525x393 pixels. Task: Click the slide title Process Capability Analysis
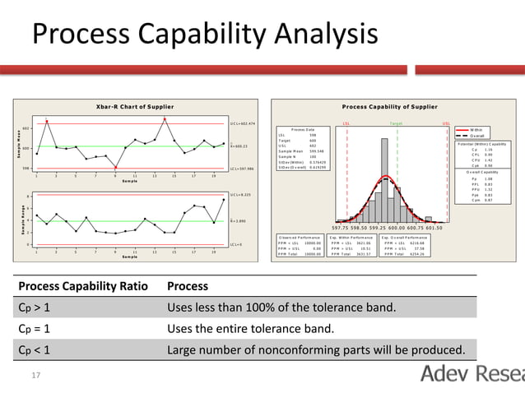click(x=204, y=34)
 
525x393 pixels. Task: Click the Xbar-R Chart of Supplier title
click(x=132, y=107)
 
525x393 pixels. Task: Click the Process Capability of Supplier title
click(x=389, y=107)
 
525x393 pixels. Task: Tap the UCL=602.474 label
click(x=243, y=123)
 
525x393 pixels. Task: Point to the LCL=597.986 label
click(x=243, y=169)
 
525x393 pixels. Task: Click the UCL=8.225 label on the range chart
click(x=241, y=196)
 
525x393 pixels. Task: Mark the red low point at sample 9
click(x=115, y=167)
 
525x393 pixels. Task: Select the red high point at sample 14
click(x=165, y=119)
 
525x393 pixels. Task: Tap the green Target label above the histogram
click(x=397, y=124)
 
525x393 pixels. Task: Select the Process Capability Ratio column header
click(x=83, y=286)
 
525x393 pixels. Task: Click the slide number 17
click(x=36, y=375)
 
